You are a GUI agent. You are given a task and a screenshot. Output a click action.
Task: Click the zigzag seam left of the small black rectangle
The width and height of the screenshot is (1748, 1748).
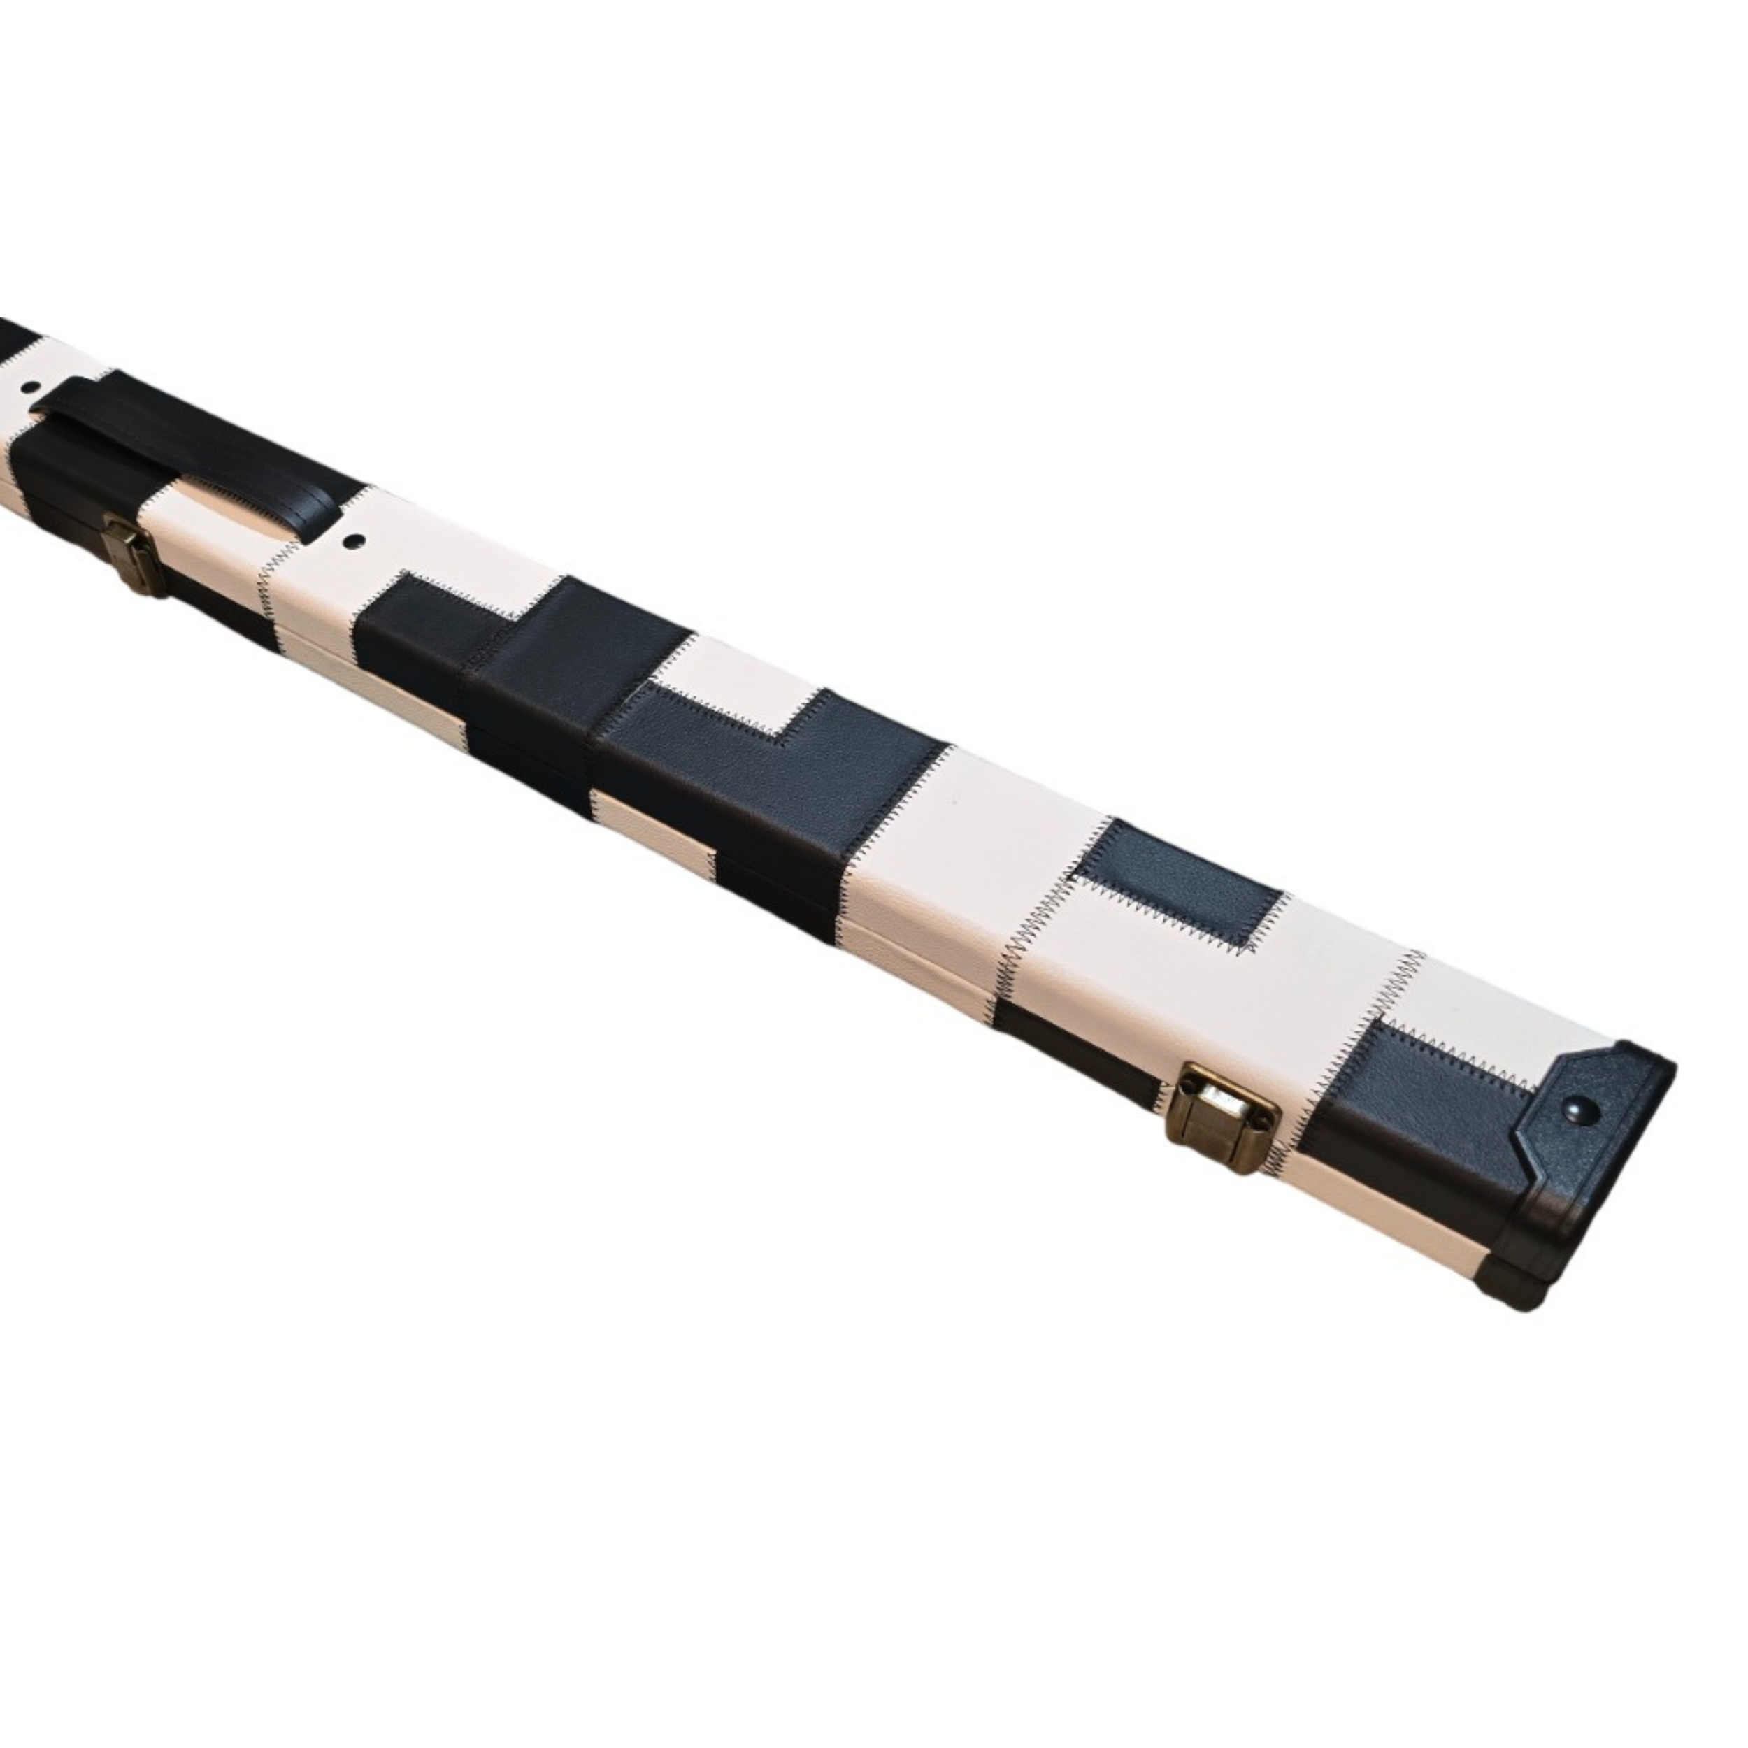[x=1049, y=896]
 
